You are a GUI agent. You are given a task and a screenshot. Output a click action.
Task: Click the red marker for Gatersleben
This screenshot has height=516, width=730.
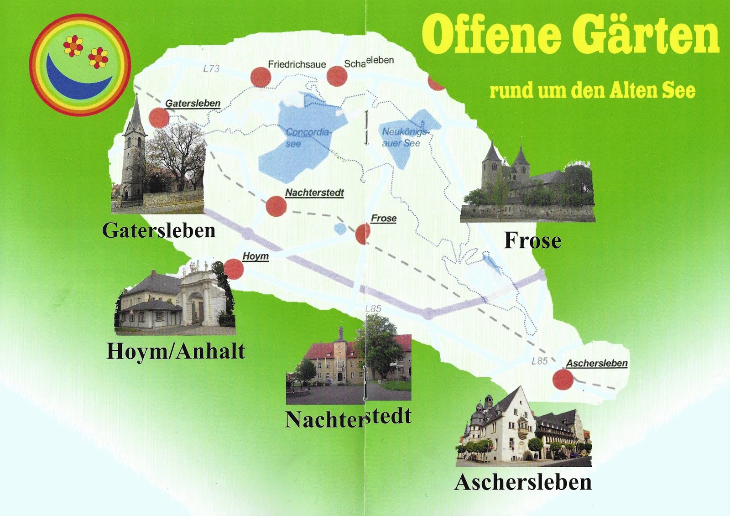(159, 118)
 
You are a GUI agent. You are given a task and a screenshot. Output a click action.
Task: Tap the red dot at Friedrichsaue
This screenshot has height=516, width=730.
(261, 77)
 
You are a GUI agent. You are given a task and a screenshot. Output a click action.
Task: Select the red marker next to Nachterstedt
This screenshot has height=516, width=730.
(276, 206)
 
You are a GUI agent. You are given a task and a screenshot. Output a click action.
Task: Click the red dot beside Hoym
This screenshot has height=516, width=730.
(234, 269)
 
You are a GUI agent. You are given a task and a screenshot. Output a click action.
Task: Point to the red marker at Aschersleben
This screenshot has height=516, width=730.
(563, 379)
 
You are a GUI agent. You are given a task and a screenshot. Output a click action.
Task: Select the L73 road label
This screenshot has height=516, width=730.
(211, 69)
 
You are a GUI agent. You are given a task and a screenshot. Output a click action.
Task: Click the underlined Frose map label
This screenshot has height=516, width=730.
(383, 219)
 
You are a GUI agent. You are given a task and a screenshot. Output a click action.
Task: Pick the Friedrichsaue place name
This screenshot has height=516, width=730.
(297, 64)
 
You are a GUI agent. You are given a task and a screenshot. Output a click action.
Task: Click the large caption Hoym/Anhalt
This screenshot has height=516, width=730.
(176, 351)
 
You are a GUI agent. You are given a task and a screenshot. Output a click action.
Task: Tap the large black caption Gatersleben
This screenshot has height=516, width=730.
(158, 230)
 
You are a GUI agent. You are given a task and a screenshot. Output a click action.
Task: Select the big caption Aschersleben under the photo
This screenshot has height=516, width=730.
(523, 482)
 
